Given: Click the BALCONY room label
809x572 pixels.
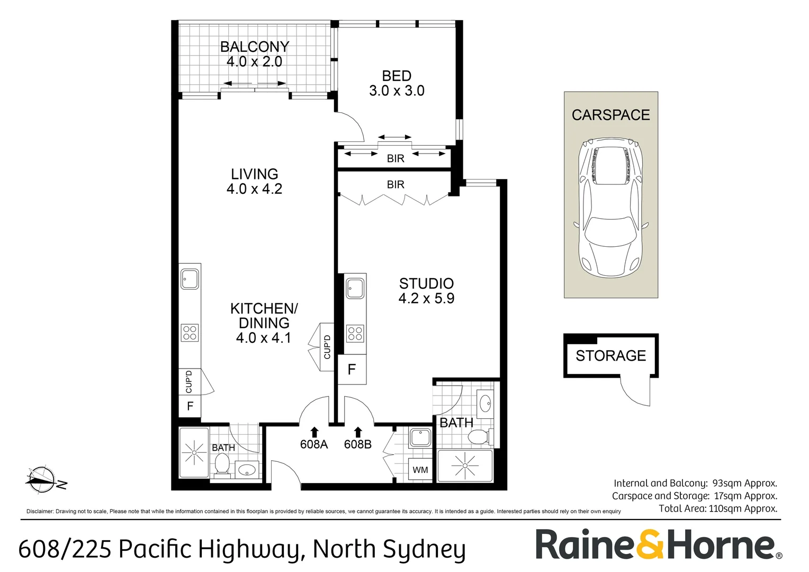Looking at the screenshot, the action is point(255,47).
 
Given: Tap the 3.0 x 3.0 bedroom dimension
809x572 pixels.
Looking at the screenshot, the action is point(397,91).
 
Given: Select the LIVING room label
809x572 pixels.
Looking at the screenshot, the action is point(255,174).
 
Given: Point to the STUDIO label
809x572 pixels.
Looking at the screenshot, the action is point(426,284).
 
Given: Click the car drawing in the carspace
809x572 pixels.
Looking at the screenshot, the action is point(611,207).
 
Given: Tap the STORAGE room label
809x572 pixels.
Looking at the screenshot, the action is point(611,356).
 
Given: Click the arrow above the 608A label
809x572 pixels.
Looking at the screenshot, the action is point(314,432).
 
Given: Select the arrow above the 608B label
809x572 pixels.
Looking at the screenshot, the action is point(358,432).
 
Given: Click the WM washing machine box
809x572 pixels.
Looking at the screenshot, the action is point(420,469).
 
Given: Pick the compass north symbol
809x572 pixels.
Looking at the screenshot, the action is point(43,480).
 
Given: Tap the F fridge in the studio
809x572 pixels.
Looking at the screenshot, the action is point(352,369).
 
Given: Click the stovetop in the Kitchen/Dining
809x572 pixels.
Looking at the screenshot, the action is point(190,333).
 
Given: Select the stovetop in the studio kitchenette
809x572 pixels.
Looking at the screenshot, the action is point(355,334).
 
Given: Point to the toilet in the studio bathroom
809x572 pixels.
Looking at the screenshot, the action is point(480,437).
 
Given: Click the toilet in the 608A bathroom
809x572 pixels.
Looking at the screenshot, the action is point(222,465).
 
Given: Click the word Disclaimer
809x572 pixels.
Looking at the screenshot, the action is point(40,511).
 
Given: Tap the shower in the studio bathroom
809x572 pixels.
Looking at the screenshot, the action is point(465,466).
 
